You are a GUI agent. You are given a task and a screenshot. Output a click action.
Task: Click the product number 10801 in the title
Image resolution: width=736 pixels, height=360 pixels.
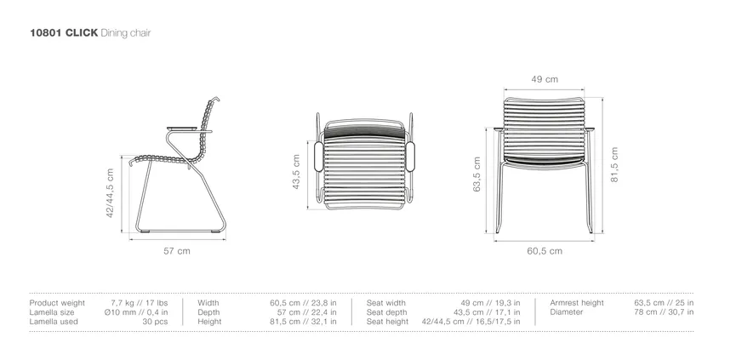pos(45,33)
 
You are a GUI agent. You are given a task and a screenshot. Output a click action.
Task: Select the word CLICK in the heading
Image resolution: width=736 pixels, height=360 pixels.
pos(82,33)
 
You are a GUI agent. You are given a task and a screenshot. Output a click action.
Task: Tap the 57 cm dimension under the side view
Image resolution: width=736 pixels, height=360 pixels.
pos(177,251)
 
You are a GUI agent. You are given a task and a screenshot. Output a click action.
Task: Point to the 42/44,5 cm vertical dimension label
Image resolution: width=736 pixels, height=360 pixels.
pos(110,193)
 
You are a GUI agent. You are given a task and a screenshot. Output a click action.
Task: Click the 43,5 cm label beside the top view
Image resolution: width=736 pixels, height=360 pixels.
pos(296,172)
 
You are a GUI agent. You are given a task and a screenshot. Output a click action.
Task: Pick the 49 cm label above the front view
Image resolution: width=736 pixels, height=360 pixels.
pos(545,79)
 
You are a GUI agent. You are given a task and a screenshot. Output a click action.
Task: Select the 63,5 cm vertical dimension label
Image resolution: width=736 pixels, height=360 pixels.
pos(476,174)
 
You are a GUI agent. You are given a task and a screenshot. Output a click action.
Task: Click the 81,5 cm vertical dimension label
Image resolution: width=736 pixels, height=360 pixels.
pos(614,164)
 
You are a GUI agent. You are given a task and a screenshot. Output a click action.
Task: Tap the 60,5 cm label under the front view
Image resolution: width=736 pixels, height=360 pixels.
pos(545,251)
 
